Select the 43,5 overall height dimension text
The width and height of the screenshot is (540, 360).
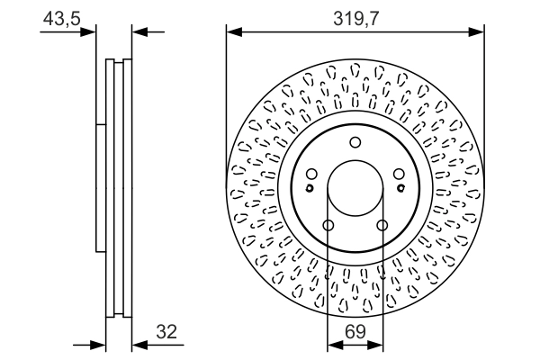59,15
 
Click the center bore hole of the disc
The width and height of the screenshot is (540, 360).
355,189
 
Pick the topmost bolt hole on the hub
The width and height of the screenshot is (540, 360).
355,141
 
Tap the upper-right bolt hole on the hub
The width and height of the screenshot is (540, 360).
399,175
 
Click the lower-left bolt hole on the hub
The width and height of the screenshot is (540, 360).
328,225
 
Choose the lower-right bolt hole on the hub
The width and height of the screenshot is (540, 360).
382,225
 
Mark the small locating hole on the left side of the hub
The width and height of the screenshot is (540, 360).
310,188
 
